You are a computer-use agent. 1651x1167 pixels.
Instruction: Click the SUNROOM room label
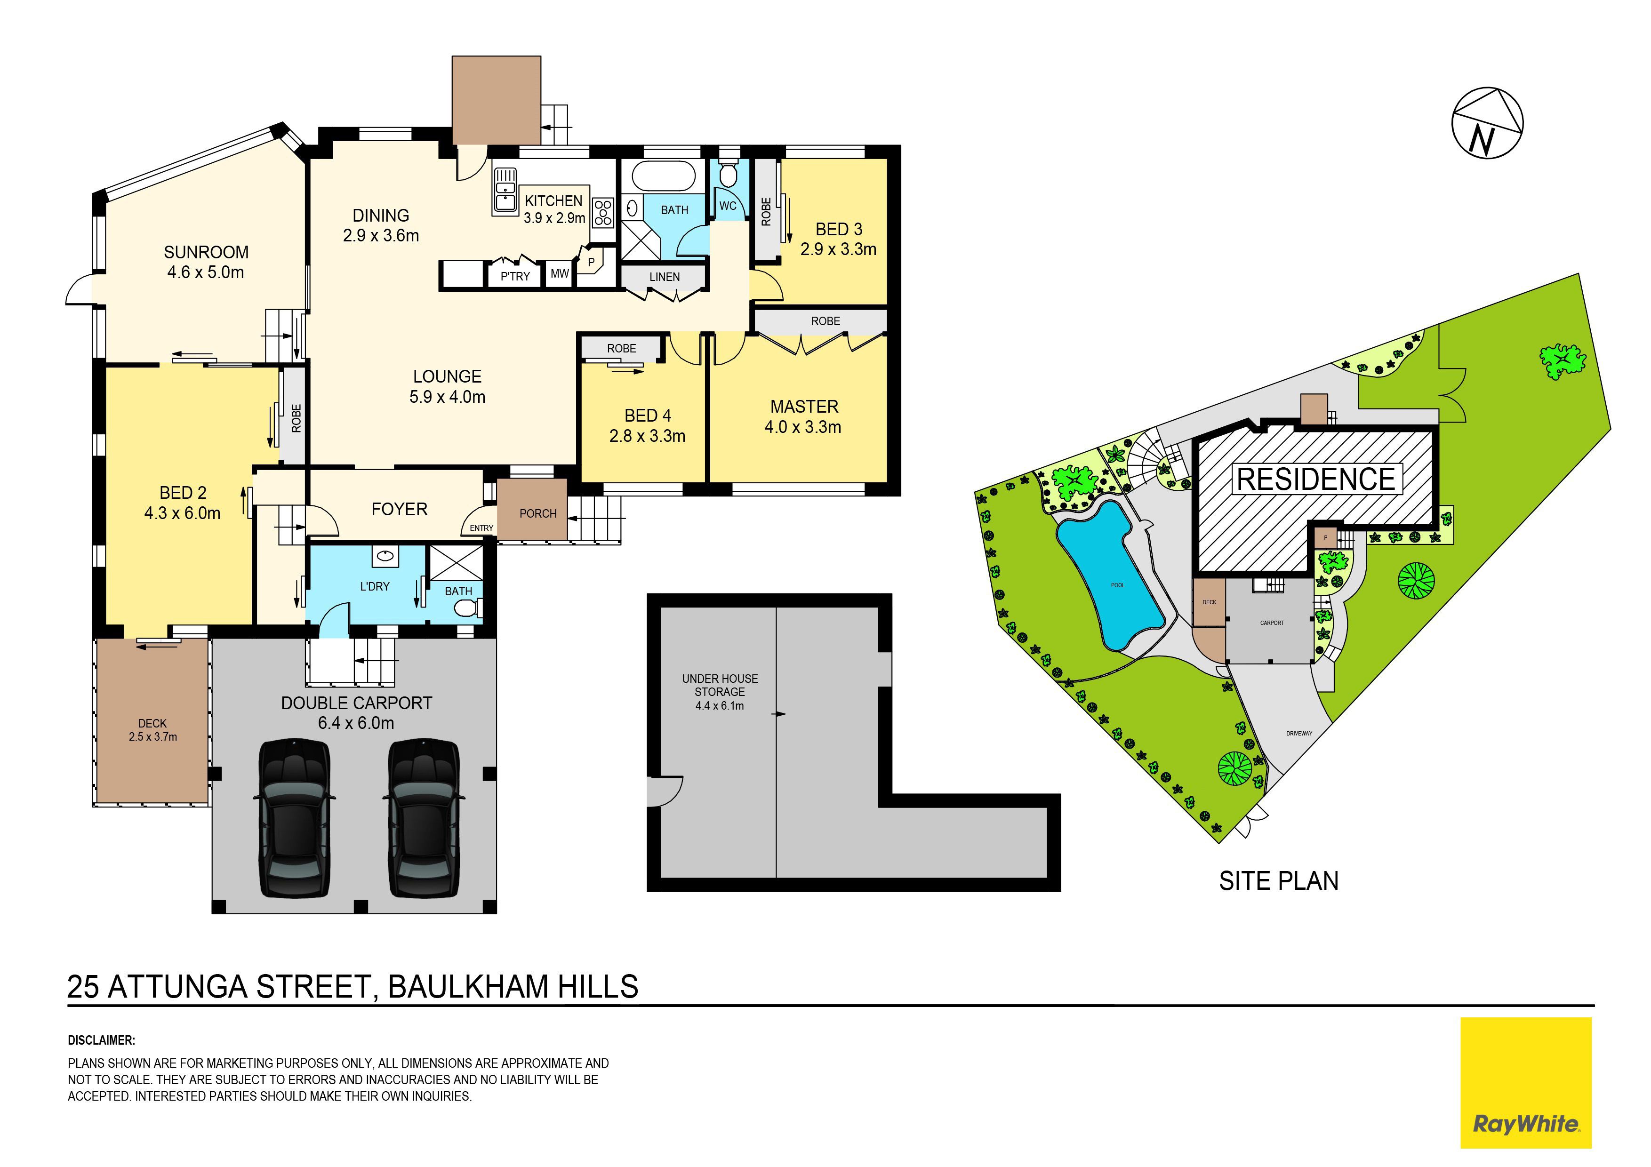coord(206,252)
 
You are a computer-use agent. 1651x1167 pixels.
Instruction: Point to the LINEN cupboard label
coord(665,277)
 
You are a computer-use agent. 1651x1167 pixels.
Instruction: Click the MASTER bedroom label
coord(804,406)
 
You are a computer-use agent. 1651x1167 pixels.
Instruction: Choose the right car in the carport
coord(424,817)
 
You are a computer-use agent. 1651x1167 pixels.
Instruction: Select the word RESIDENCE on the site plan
coord(1316,479)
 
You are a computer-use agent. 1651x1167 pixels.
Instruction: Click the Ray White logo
coord(1525,1082)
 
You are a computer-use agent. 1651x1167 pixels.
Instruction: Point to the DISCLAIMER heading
coord(101,1040)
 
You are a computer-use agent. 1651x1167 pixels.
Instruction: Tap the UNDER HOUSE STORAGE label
coord(720,685)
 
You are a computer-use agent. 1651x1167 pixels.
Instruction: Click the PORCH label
coord(538,513)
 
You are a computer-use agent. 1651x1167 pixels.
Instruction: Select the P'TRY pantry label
coord(515,276)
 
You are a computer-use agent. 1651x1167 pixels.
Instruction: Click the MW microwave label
coord(560,273)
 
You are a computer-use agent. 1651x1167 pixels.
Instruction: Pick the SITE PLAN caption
coord(1279,881)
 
